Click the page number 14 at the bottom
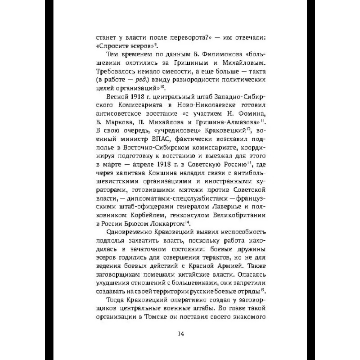(x=180, y=333)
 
